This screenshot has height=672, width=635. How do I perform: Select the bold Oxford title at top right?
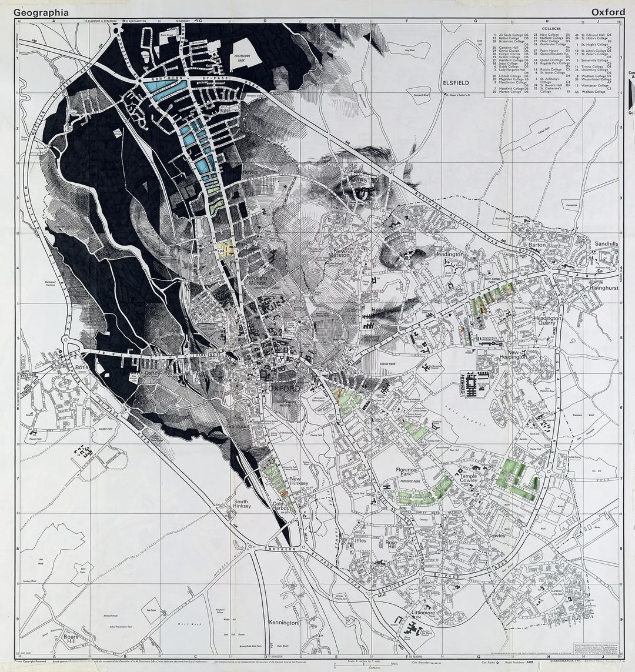608,12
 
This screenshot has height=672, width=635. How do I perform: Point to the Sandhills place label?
606,243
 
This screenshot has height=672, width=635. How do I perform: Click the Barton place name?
537,245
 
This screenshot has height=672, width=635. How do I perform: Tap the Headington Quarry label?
547,322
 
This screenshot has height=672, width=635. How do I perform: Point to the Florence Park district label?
406,473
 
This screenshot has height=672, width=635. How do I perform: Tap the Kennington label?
283,622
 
